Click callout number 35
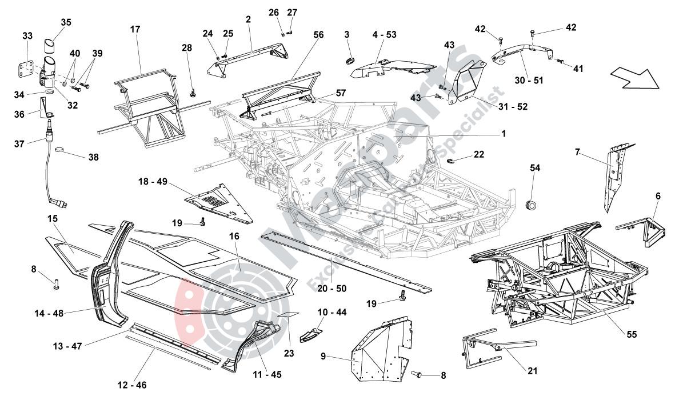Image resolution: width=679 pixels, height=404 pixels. tap(66, 22)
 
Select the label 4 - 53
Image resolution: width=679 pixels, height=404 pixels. tap(384, 35)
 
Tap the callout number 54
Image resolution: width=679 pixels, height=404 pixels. tap(535, 167)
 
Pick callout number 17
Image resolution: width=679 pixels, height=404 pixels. tap(135, 29)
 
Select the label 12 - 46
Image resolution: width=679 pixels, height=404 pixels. tap(132, 385)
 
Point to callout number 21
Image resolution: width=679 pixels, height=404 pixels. tap(532, 371)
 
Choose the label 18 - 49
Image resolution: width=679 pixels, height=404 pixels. tap(153, 181)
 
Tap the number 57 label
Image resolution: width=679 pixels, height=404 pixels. tap(341, 92)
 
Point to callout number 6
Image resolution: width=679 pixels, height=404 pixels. tap(658, 196)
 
